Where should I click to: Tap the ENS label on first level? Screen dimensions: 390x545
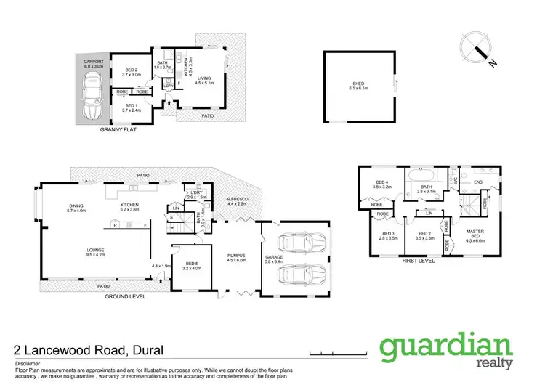(x=478, y=182)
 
